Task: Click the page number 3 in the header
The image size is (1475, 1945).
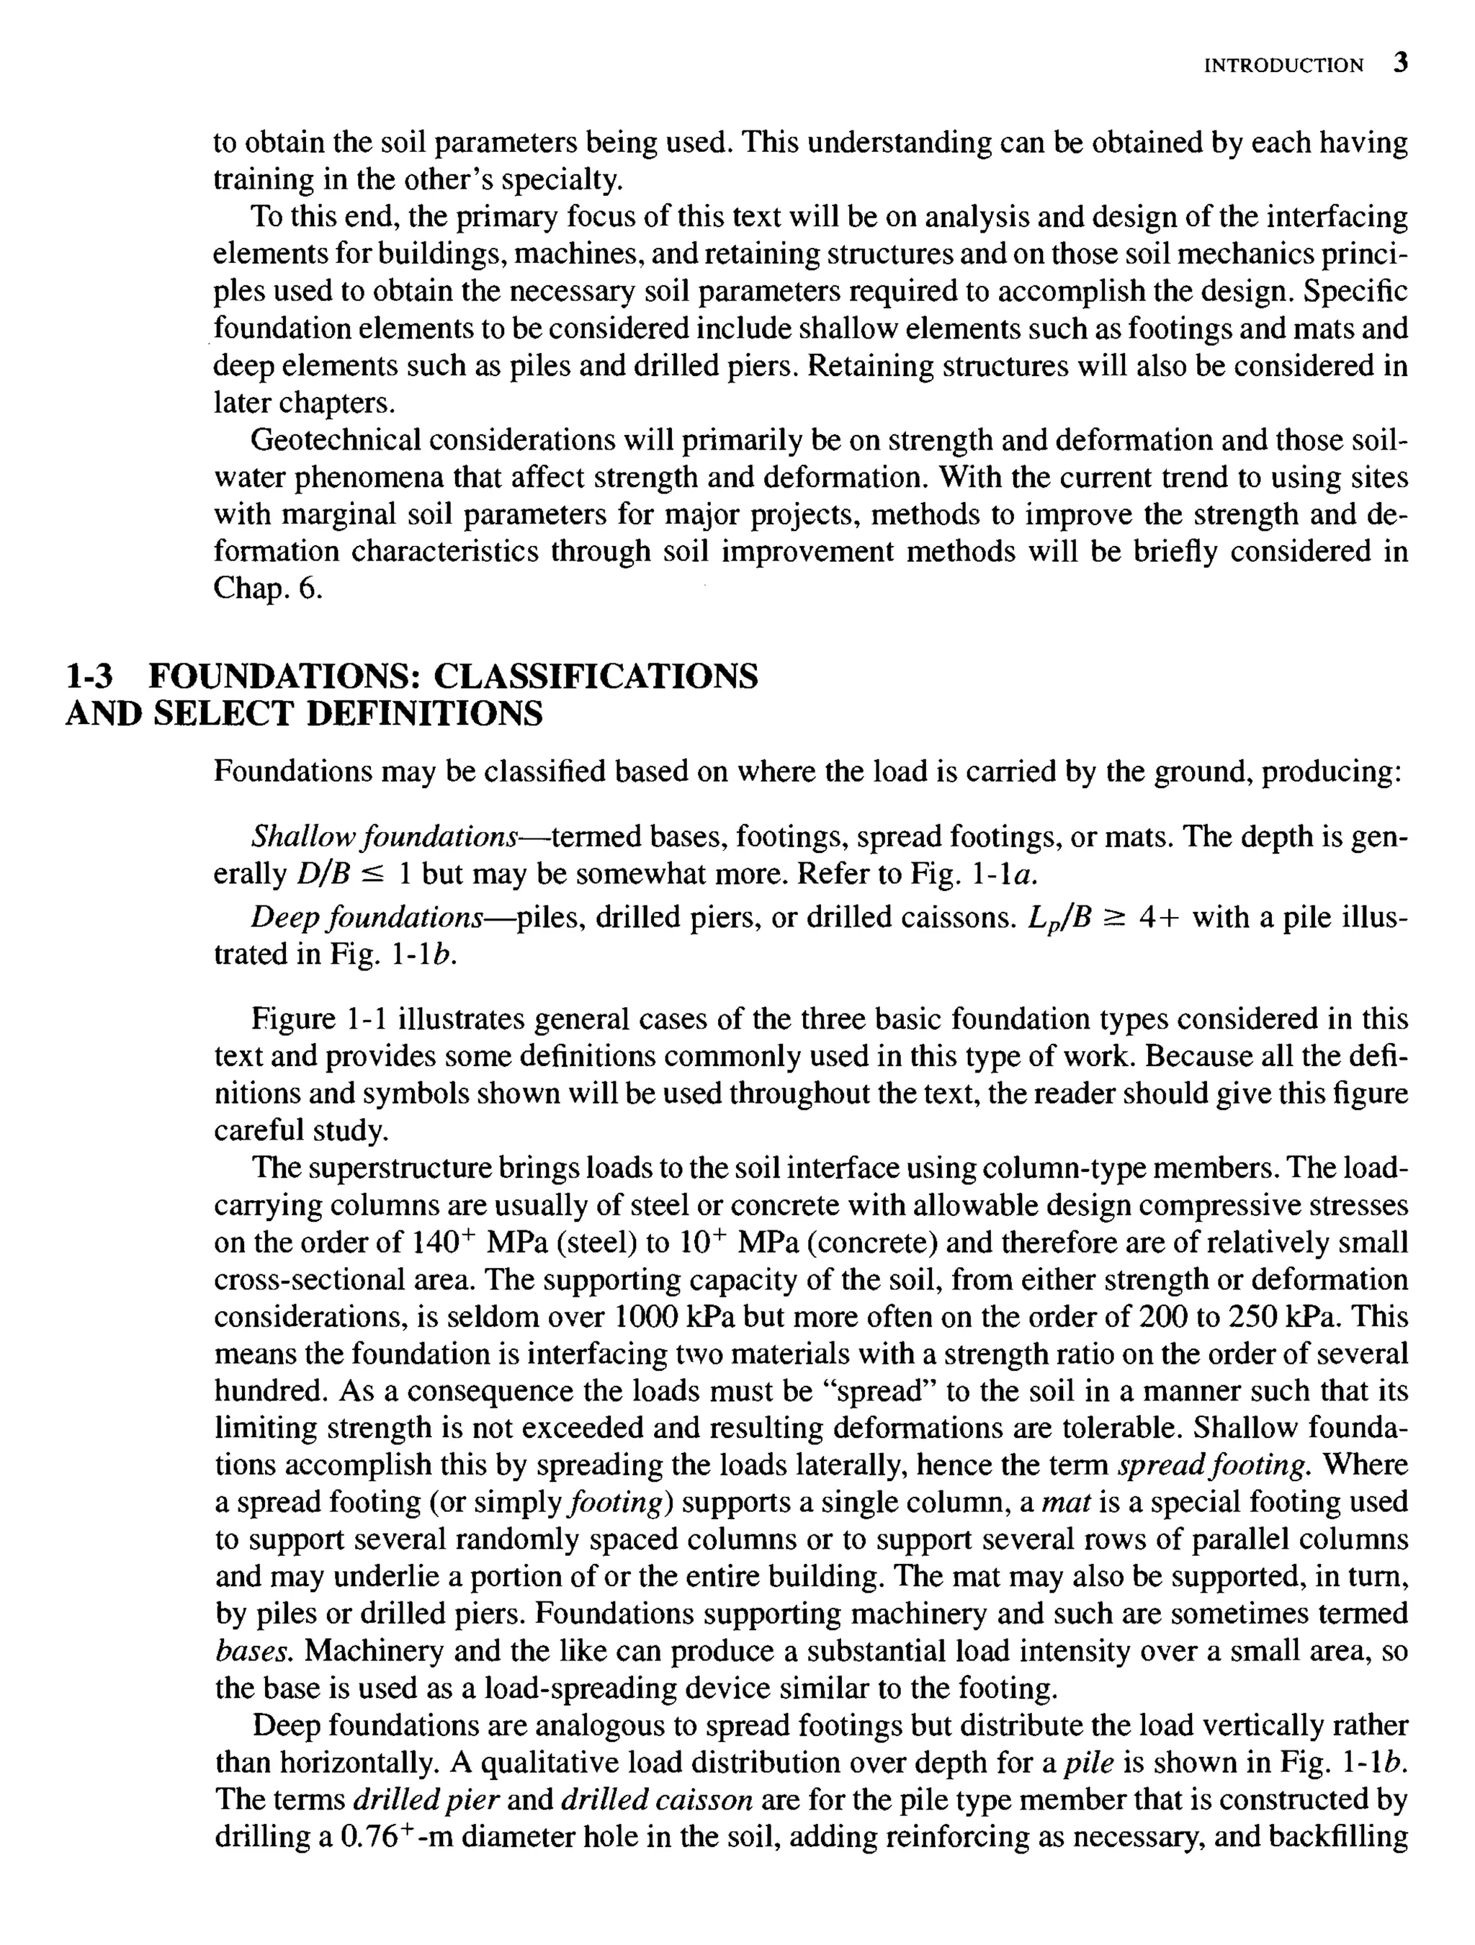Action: coord(1400,63)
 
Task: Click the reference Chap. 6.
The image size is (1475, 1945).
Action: coord(268,589)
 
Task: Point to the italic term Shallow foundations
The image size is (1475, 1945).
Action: coord(384,836)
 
